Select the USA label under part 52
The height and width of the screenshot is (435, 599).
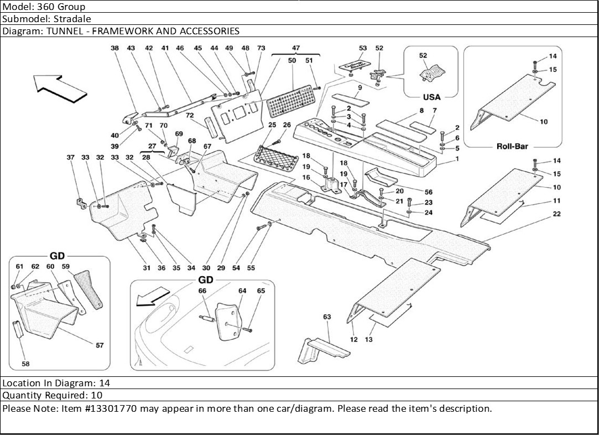[x=431, y=97]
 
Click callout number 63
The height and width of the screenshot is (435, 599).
[x=327, y=317]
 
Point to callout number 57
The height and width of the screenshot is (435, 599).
[x=100, y=345]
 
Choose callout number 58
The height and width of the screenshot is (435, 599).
[x=25, y=364]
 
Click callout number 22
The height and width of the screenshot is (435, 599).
[x=556, y=214]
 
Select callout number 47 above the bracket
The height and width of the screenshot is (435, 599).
[x=296, y=48]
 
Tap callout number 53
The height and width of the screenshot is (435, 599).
[x=363, y=48]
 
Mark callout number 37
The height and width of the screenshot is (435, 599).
[x=70, y=158]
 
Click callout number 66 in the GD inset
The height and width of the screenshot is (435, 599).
[x=202, y=291]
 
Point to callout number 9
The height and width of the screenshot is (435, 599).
[x=360, y=87]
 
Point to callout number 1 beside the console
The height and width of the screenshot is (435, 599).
[x=457, y=159]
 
